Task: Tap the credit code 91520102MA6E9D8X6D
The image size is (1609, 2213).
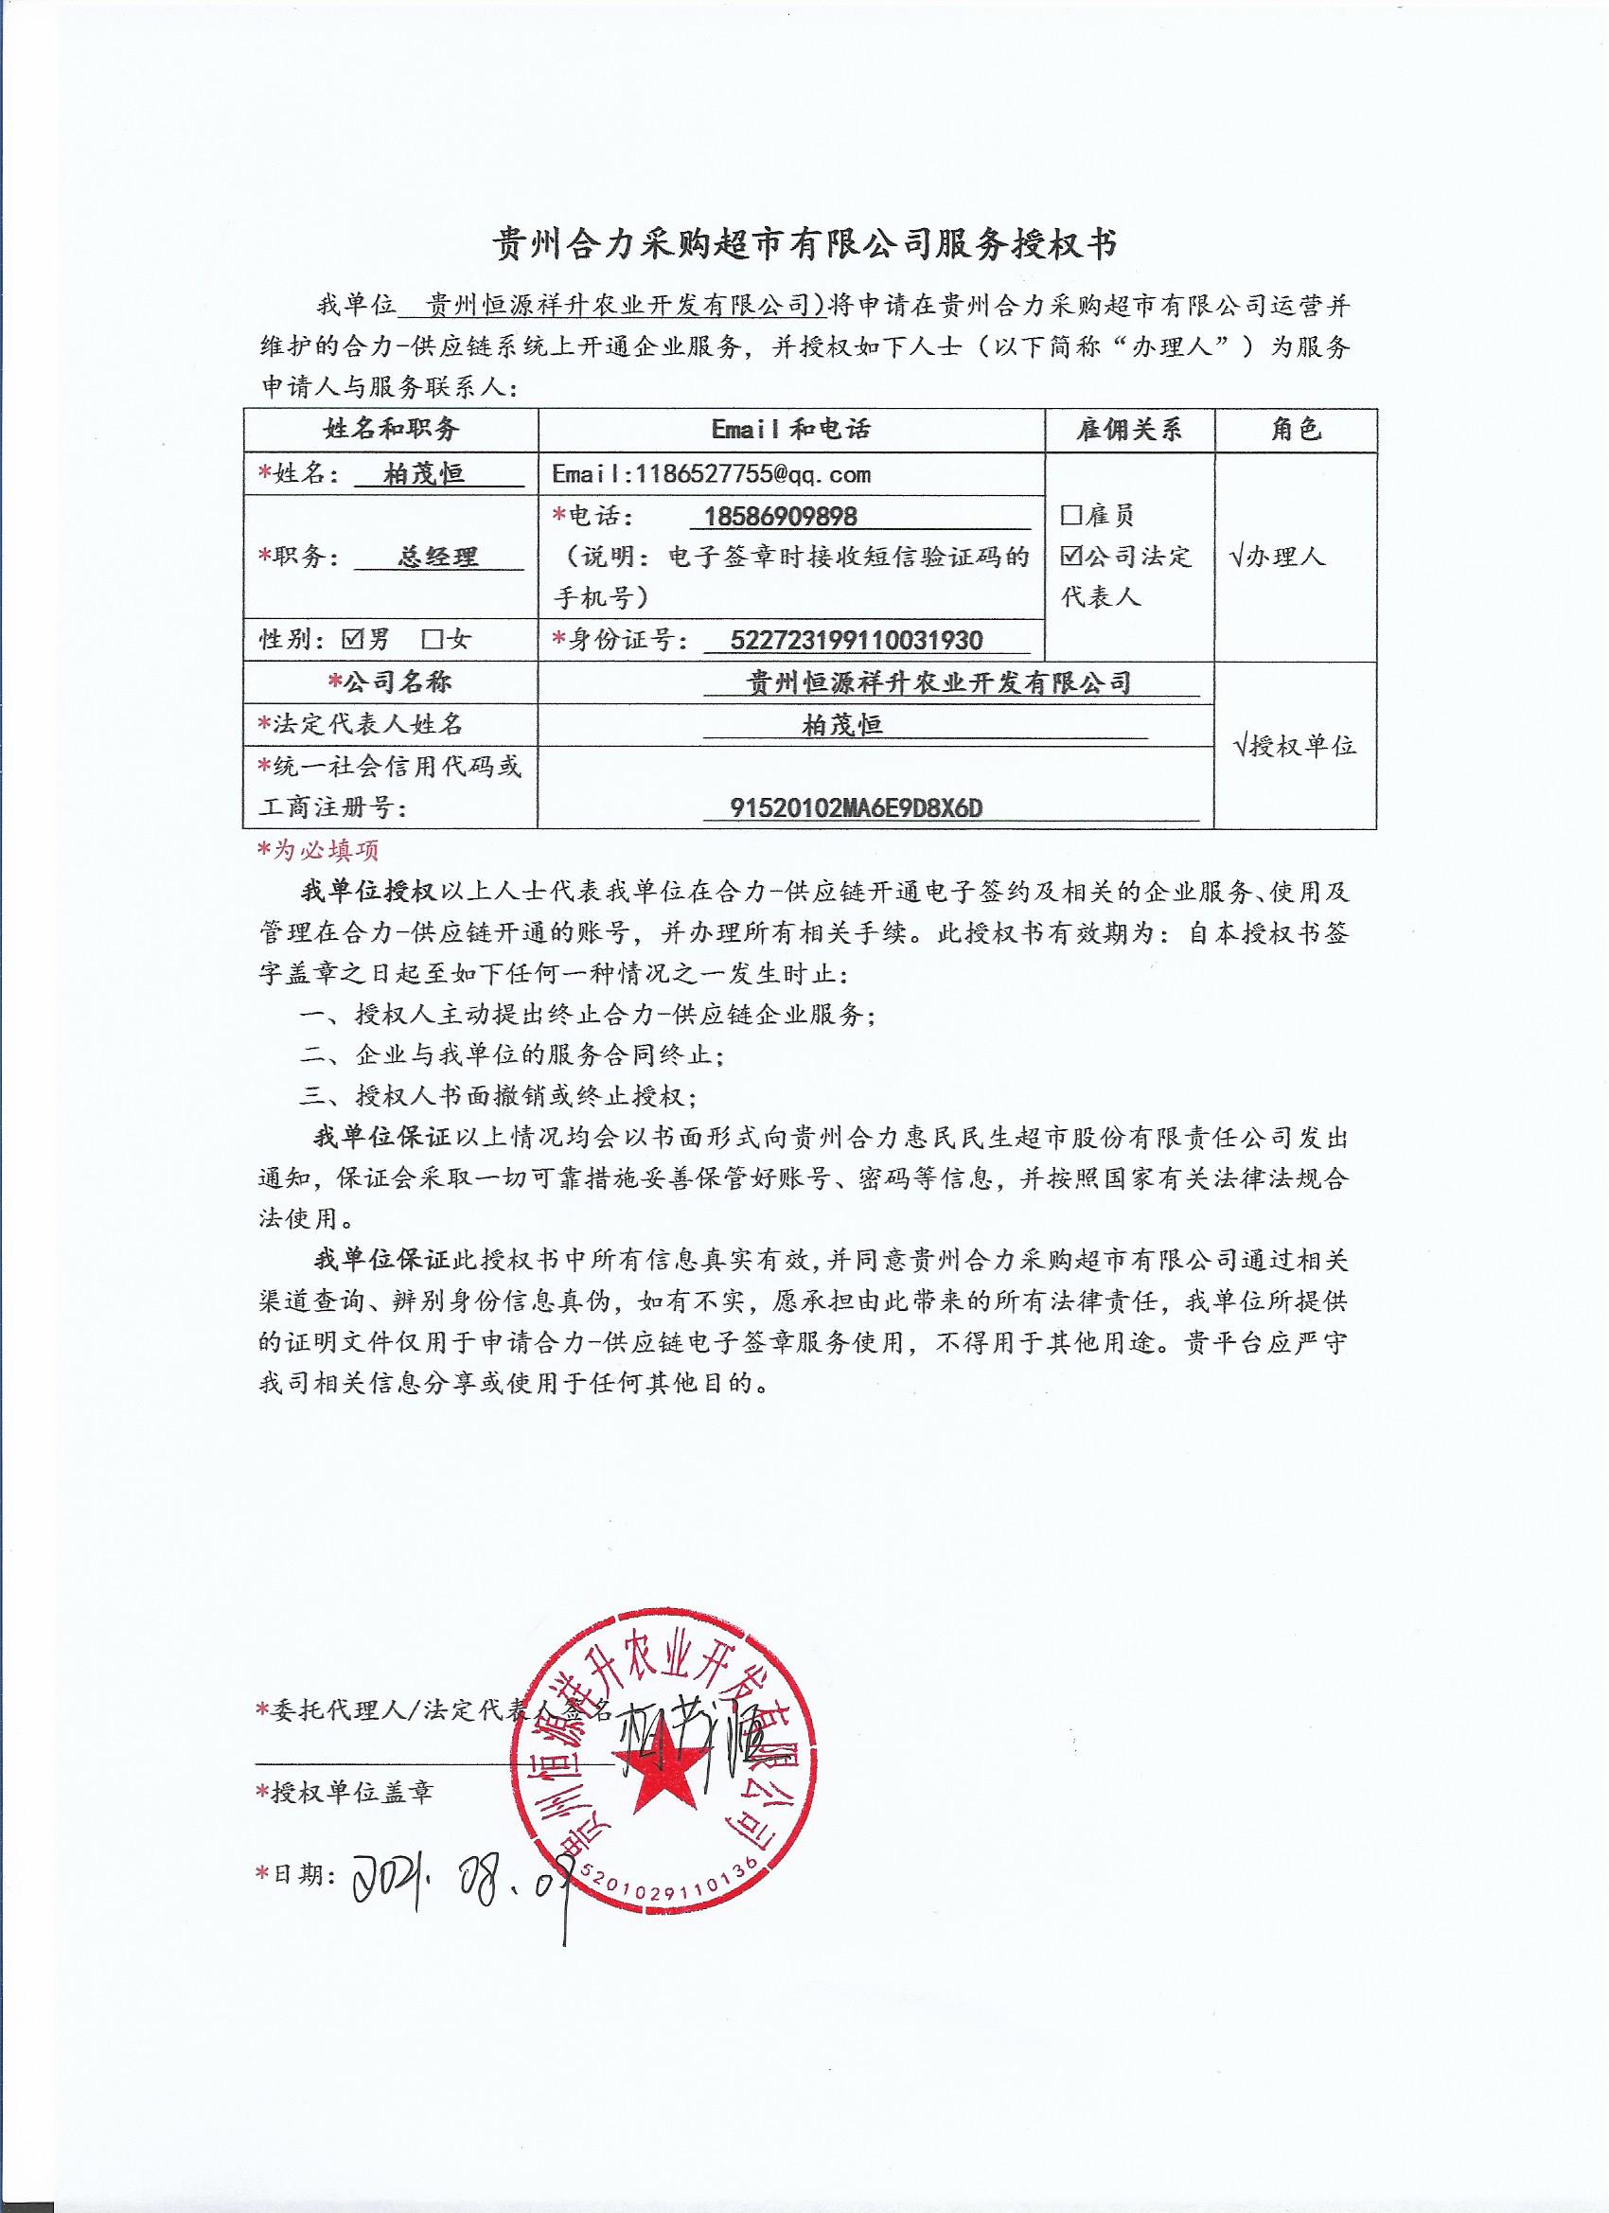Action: click(x=856, y=808)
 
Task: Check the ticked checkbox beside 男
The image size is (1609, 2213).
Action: click(x=353, y=640)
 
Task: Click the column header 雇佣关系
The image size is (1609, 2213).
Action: click(x=1129, y=431)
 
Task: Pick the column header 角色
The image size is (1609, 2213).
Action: click(x=1295, y=431)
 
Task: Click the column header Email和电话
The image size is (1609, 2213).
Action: click(x=790, y=431)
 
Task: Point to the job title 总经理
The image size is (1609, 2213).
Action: click(x=439, y=558)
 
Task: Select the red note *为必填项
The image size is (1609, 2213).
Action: click(x=318, y=851)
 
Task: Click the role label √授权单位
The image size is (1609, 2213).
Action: click(x=1295, y=748)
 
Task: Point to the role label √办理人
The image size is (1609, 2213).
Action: click(x=1279, y=558)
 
